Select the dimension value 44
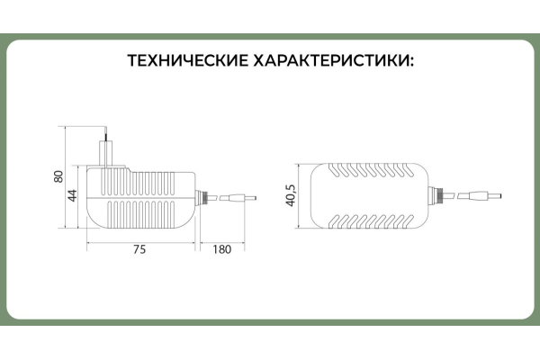73,196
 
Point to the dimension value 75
139,250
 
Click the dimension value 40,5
291,195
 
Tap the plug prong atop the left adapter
107,145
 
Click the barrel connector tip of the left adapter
242,195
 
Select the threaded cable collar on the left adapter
204,195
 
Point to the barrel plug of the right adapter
477,195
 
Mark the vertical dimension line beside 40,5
301,195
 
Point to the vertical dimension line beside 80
68,176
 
